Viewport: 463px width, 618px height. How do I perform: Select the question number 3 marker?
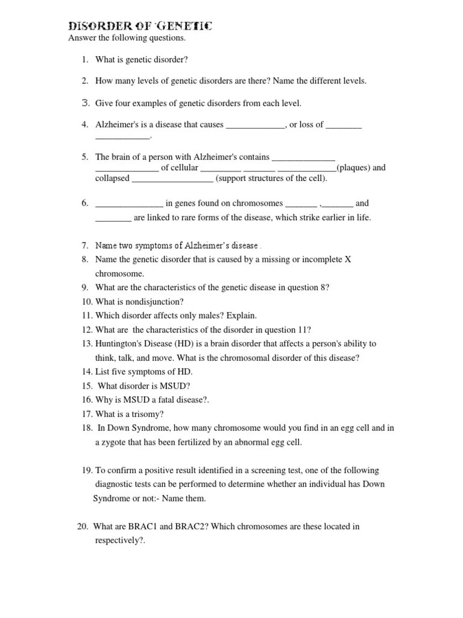85,103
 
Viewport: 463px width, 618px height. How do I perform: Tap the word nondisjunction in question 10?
154,301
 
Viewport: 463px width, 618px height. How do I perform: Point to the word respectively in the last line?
117,540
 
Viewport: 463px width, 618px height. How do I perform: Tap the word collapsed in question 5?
112,178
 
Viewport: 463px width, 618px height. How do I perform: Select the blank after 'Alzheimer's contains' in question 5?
303,158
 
